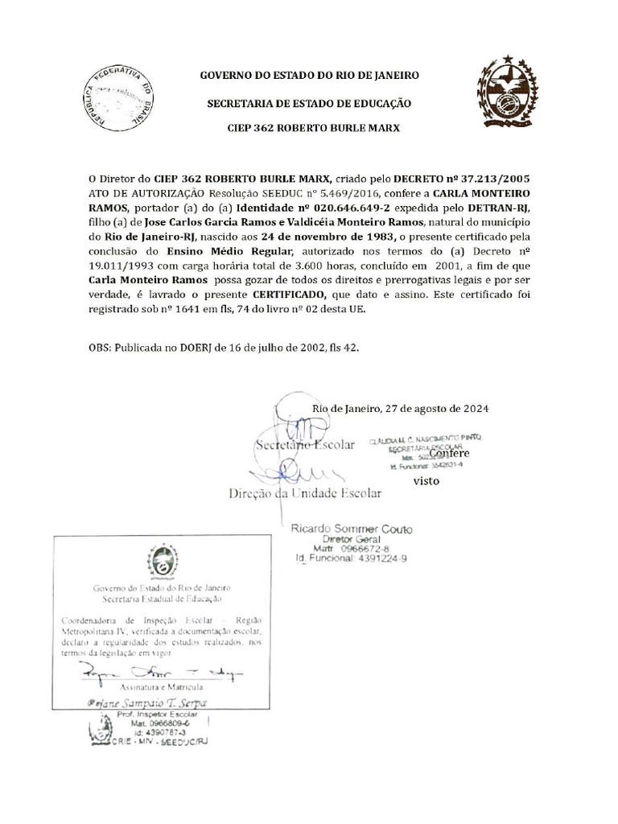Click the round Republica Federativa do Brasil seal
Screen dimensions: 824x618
(119, 103)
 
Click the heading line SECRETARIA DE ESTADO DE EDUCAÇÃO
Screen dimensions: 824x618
(309, 103)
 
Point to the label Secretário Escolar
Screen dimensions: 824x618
(304, 445)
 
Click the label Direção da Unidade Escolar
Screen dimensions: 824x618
(305, 492)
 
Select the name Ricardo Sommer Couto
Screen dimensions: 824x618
(351, 529)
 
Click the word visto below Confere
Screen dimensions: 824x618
(426, 481)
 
